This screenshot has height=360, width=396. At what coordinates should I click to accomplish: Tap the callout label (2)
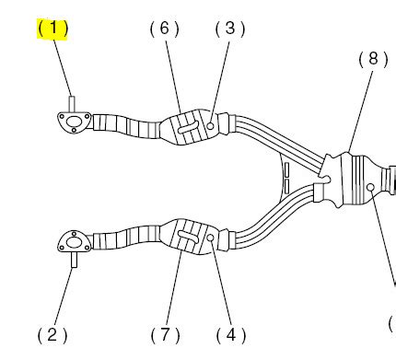(52, 334)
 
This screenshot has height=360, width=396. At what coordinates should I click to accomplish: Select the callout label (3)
(229, 28)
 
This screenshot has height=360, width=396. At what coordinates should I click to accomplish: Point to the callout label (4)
(229, 334)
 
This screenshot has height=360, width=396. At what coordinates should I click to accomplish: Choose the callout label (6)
(164, 28)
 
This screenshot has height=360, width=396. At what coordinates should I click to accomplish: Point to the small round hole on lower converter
(211, 238)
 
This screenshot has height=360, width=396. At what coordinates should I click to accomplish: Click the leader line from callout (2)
(62, 295)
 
